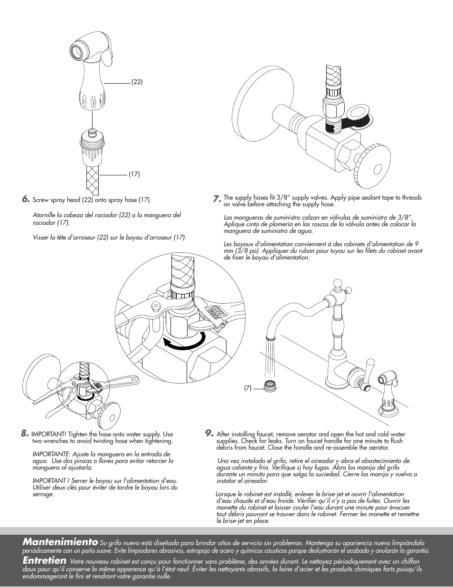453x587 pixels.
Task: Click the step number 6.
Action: pyautogui.click(x=26, y=199)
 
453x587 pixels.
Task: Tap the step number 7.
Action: pyautogui.click(x=217, y=199)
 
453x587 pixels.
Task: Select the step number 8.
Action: pyautogui.click(x=25, y=433)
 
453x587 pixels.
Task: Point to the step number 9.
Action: pyautogui.click(x=209, y=433)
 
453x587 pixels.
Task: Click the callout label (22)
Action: pyautogui.click(x=137, y=82)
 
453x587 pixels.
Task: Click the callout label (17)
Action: pyautogui.click(x=134, y=174)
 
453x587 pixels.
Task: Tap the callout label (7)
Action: pyautogui.click(x=247, y=388)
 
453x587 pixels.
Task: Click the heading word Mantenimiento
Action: pyautogui.click(x=60, y=542)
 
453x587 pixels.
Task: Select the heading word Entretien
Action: pyautogui.click(x=44, y=560)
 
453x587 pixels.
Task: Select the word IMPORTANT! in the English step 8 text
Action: pyautogui.click(x=49, y=434)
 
